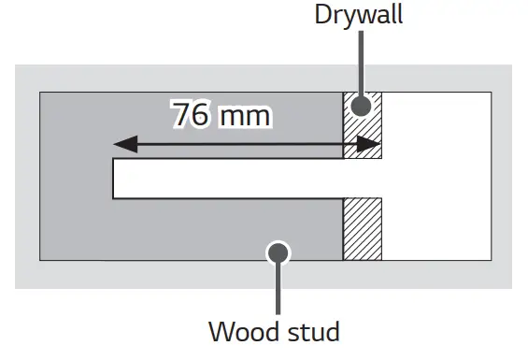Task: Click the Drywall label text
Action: tap(360, 16)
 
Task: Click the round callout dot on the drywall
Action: tap(361, 104)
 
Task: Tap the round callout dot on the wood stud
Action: tap(278, 252)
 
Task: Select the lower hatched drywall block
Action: tap(363, 229)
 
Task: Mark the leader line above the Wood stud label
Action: tap(278, 290)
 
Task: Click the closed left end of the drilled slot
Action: tap(114, 179)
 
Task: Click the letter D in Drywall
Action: tap(322, 16)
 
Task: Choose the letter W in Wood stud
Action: tap(221, 331)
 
